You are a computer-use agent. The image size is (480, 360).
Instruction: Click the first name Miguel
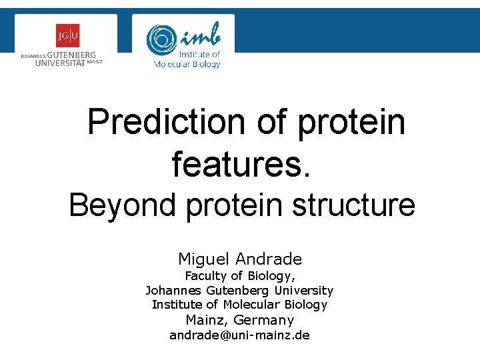(x=202, y=259)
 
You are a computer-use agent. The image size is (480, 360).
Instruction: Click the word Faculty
(x=205, y=275)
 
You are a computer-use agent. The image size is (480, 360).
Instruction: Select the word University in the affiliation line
(x=303, y=290)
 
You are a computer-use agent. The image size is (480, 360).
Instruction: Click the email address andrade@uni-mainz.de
(x=239, y=335)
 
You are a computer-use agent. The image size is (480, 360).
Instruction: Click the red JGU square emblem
(x=67, y=35)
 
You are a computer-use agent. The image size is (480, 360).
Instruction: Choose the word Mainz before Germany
(x=205, y=320)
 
